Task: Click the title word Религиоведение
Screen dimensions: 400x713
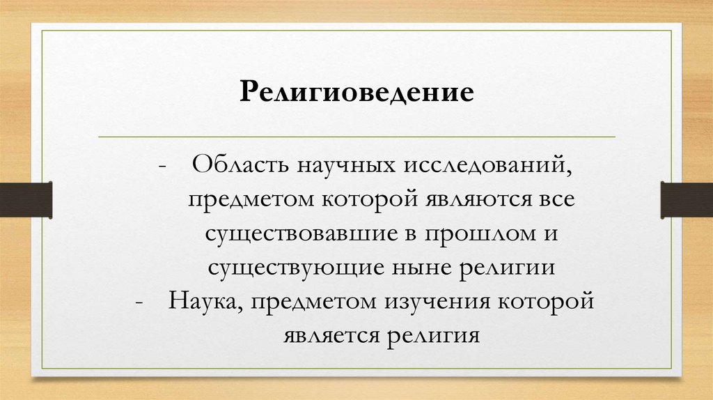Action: coord(356,93)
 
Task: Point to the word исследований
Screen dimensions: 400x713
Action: coord(479,167)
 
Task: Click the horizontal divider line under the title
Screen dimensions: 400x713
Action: coord(356,136)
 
